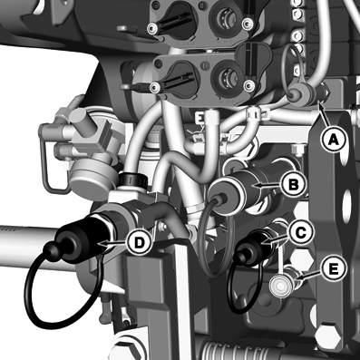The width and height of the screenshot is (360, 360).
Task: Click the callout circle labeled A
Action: [x=333, y=140]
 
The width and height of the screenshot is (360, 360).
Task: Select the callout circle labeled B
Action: [x=293, y=184]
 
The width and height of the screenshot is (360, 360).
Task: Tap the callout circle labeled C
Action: [x=301, y=232]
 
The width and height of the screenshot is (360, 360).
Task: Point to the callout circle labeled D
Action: [x=139, y=243]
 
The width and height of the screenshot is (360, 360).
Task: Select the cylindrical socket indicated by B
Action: [x=236, y=191]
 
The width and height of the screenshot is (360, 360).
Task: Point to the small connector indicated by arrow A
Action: [x=324, y=93]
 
